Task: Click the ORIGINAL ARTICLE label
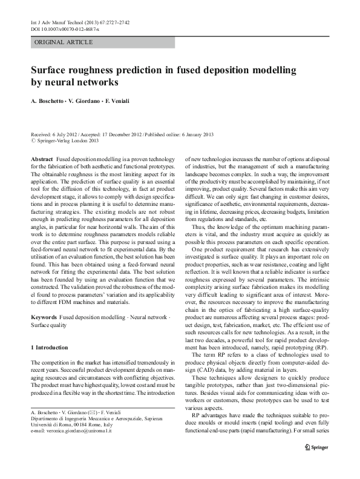(x=64, y=42)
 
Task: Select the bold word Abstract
(x=42, y=158)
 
